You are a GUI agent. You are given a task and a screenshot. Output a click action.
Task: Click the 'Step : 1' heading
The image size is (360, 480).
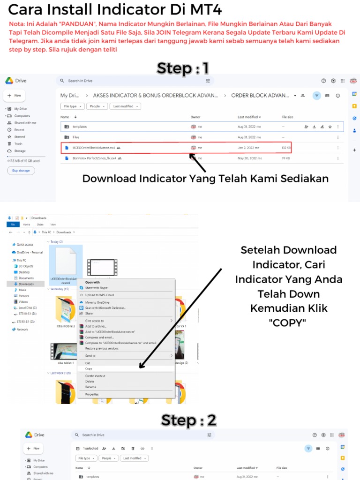183,68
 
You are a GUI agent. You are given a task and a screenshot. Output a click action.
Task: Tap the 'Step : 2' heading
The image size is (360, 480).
188,420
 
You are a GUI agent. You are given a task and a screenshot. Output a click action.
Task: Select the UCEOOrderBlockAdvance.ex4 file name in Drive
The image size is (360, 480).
94,148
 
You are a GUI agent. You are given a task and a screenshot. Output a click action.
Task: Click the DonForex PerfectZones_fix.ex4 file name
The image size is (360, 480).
94,158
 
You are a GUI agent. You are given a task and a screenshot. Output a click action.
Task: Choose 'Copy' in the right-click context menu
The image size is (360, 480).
89,369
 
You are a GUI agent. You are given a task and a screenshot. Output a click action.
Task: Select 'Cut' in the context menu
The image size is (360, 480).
87,363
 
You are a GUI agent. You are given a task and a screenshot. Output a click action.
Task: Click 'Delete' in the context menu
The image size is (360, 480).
90,382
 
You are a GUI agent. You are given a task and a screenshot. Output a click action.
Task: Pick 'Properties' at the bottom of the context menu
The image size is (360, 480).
92,394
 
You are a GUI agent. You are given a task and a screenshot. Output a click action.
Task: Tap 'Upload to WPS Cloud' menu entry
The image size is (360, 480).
99,295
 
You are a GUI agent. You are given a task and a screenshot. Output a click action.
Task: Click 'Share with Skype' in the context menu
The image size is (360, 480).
96,287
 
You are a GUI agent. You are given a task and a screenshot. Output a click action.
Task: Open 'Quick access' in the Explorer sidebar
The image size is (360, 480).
25,244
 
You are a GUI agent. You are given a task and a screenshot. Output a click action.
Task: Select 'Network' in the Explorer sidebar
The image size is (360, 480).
22,330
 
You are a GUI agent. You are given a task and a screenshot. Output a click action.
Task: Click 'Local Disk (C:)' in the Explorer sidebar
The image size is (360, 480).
28,307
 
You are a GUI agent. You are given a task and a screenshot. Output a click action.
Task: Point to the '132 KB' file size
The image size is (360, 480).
286,148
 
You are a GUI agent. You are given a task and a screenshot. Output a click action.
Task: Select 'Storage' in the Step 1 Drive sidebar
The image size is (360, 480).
20,151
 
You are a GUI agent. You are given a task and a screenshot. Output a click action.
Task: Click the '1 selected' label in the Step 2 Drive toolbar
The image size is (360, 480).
90,449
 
